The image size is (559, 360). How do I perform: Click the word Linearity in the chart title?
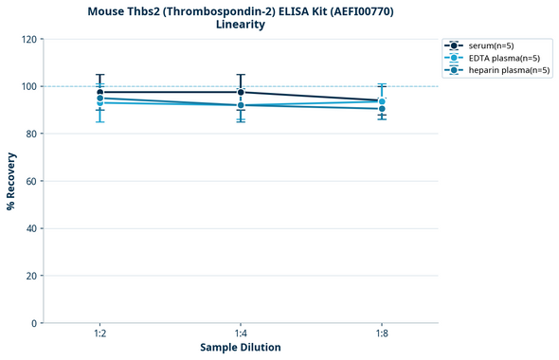[241, 25]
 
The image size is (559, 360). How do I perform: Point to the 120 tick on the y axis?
[30, 39]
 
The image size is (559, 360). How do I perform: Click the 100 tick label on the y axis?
[30, 86]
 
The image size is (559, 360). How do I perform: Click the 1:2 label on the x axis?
[99, 334]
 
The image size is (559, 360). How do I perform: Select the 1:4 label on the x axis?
[241, 334]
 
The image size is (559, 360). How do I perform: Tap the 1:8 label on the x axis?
[382, 334]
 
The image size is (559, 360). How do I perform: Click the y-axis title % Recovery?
[11, 181]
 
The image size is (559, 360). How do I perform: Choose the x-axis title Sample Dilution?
[241, 348]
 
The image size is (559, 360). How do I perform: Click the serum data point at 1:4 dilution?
[241, 92]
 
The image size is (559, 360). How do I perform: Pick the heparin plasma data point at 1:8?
[382, 109]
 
